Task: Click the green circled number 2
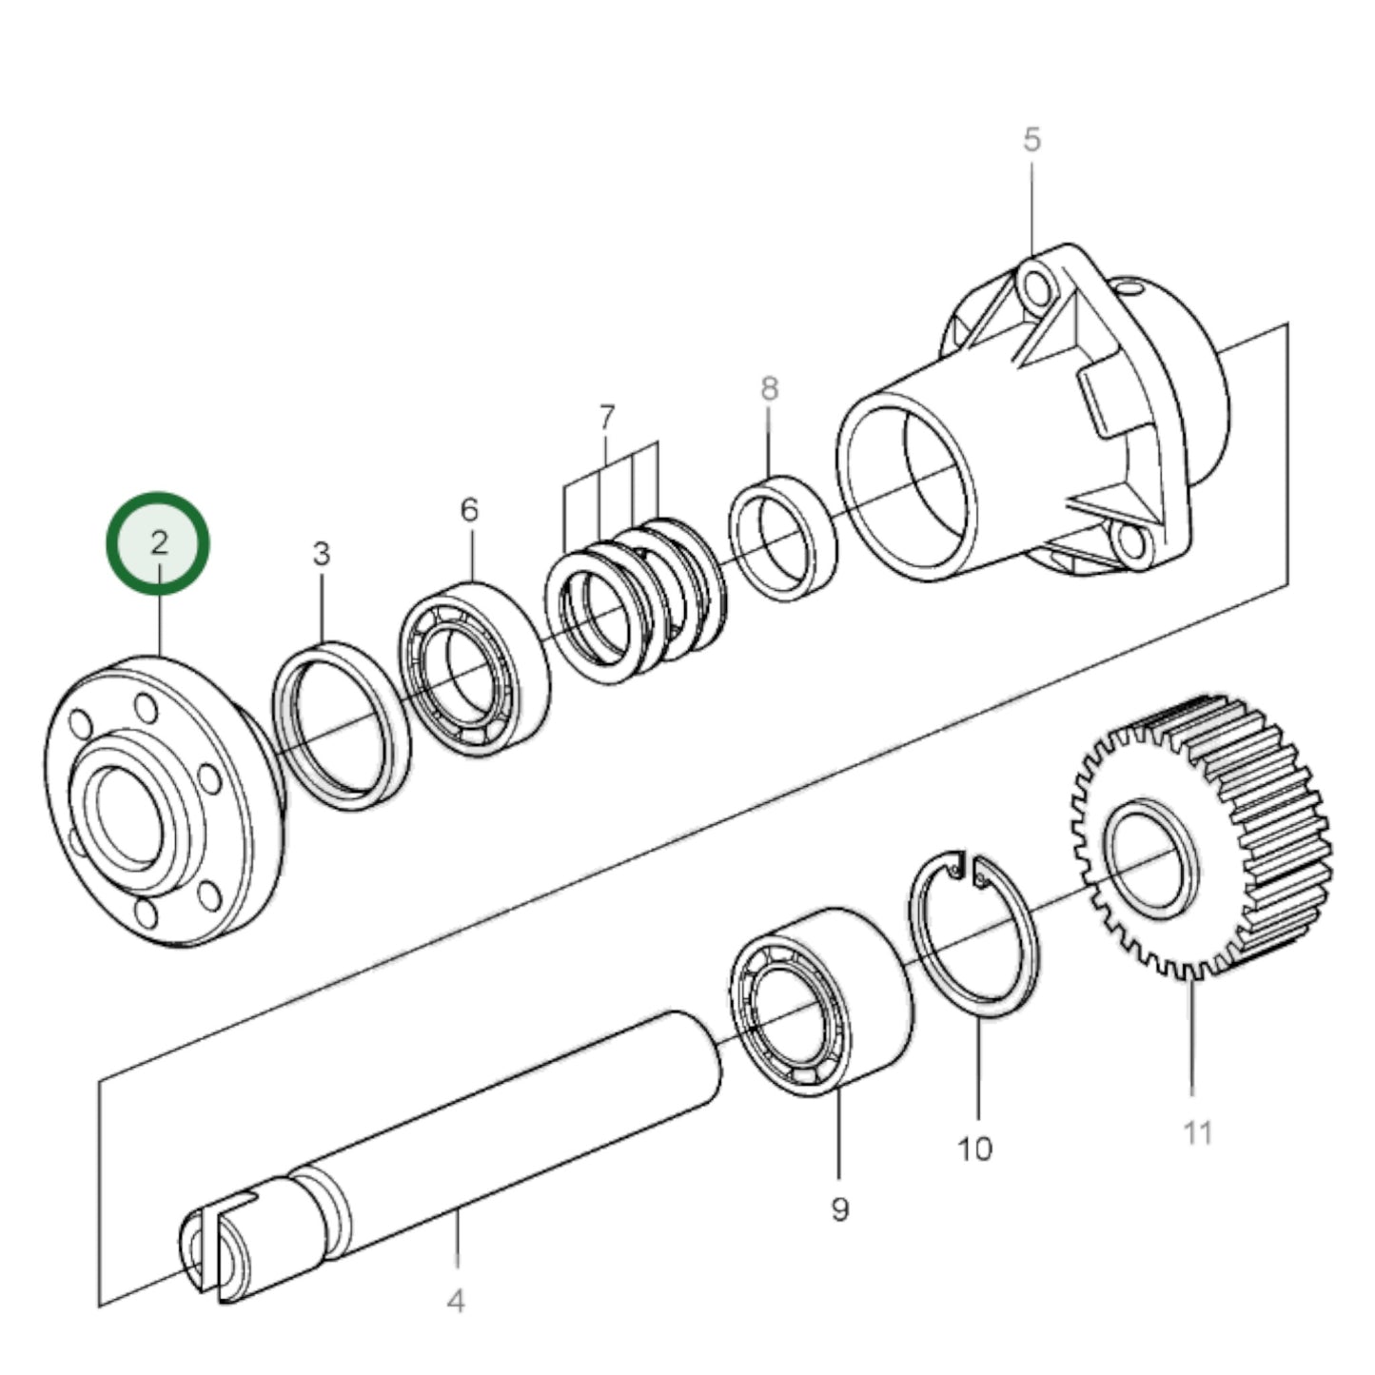coord(157,542)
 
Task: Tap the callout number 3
coord(322,553)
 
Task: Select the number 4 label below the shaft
coord(456,1300)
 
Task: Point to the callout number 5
coord(1032,140)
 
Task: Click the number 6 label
coord(469,510)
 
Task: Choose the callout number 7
coord(607,417)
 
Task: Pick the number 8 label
coord(769,388)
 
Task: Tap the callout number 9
coord(839,1209)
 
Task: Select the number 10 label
coord(974,1149)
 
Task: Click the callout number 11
coord(1197,1132)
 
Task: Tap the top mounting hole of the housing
coord(1034,285)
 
